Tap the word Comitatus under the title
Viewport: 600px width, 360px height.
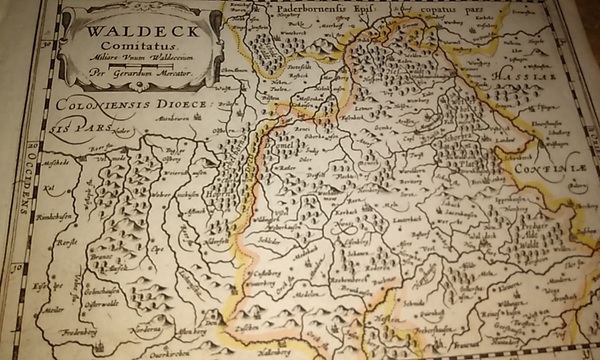(x=129, y=46)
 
